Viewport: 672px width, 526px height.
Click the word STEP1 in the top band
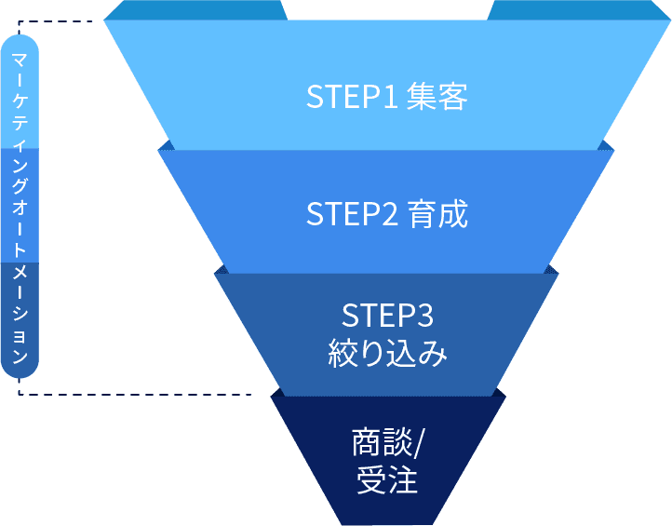(352, 98)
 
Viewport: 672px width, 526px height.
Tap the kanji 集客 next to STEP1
(437, 98)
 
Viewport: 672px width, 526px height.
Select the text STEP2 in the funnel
(352, 215)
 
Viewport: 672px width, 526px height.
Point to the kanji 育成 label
(437, 215)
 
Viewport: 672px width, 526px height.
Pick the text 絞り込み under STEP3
(387, 355)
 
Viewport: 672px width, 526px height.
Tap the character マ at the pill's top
(20, 59)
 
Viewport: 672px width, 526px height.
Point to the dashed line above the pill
(56, 20)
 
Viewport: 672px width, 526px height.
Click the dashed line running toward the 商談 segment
(140, 394)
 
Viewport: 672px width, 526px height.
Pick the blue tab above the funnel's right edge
(578, 9)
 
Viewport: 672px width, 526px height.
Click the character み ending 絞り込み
(434, 355)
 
